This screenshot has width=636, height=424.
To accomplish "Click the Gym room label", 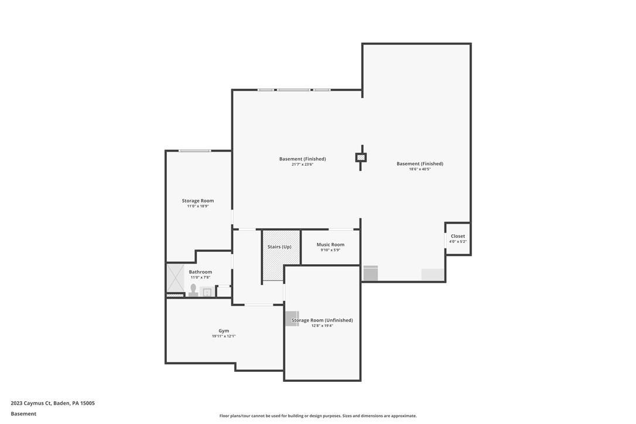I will point(224,331).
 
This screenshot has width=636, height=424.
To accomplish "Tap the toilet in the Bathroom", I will point(193,290).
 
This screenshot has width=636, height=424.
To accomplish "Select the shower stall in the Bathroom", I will point(175,278).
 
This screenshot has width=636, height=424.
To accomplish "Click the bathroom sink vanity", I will point(206,292).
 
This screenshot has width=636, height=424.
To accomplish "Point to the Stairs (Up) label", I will point(279,247).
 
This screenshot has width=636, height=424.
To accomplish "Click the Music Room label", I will point(330,245).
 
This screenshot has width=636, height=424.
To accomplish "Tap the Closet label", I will point(458,237).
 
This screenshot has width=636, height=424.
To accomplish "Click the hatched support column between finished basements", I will point(361,158).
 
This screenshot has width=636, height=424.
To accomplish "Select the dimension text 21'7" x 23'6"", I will point(303,165).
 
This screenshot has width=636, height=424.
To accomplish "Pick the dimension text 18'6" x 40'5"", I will point(420,169).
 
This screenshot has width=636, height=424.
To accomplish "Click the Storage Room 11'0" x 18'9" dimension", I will point(198,206).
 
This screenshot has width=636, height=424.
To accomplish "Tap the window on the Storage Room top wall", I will point(195,151).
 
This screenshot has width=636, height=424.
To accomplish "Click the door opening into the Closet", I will point(446,241).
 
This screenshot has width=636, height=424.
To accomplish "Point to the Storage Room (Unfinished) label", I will point(322,320).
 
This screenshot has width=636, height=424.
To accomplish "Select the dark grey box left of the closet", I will point(371,273).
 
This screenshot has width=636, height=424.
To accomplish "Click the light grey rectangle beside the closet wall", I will point(433,275).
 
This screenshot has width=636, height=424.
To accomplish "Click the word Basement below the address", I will point(23,413).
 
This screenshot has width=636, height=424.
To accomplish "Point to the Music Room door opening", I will point(341,229).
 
